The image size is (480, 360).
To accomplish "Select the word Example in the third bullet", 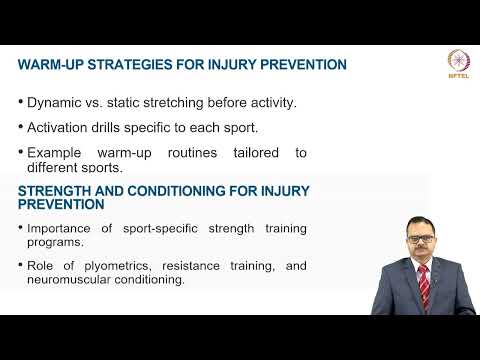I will coord(56,153).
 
